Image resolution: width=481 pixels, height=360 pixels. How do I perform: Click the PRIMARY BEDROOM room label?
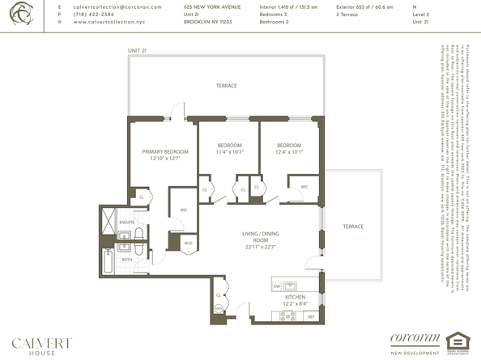coord(165,152)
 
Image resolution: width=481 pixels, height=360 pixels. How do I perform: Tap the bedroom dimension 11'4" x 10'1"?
coord(230,151)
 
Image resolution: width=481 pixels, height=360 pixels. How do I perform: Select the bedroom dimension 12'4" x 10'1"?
coord(288,151)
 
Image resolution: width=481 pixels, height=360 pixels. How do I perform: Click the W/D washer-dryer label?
coord(188,243)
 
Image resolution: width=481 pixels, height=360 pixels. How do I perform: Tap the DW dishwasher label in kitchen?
coord(277,285)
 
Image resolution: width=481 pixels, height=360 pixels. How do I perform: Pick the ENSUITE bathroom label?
coord(128,221)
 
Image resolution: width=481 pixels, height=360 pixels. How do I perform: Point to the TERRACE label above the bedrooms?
coord(225,86)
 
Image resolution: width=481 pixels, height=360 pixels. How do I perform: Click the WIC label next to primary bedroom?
coord(185,209)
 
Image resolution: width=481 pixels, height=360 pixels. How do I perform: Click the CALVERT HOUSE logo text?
coord(40,343)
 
